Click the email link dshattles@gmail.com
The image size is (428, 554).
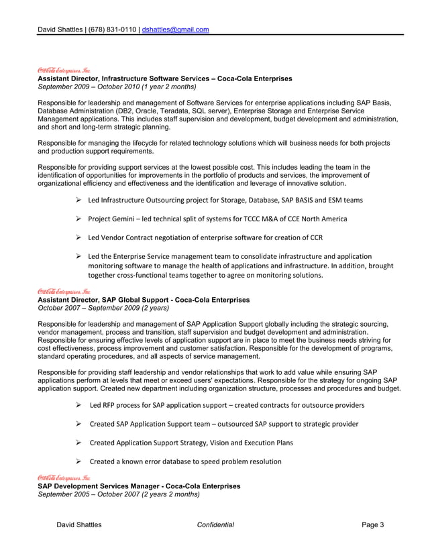(175, 30)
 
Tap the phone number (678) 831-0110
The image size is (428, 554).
(113, 30)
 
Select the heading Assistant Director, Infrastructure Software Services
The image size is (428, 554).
(164, 79)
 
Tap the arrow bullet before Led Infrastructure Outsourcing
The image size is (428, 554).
(78, 200)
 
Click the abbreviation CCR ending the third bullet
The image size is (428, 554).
(315, 238)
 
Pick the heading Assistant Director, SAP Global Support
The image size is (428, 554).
(143, 300)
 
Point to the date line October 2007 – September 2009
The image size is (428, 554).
(103, 308)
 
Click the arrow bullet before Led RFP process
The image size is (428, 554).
(78, 405)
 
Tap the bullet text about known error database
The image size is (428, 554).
(185, 461)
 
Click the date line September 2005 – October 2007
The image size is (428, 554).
(118, 494)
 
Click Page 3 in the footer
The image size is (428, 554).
(373, 525)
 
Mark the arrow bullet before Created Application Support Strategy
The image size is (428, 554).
(78, 443)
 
